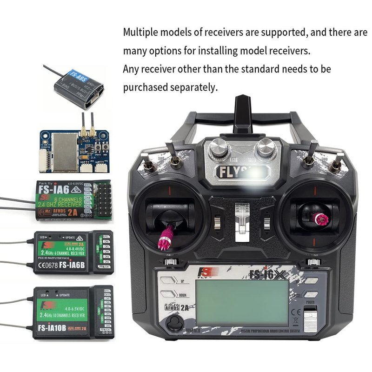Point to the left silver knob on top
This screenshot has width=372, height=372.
[218, 149]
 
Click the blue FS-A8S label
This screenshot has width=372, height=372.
[75, 76]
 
